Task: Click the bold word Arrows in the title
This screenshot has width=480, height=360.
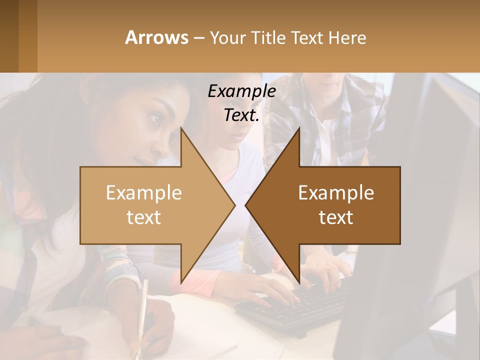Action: pyautogui.click(x=156, y=37)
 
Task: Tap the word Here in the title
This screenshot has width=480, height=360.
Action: pyautogui.click(x=347, y=37)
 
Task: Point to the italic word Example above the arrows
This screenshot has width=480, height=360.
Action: pyautogui.click(x=241, y=91)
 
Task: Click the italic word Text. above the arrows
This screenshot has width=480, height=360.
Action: pyautogui.click(x=241, y=115)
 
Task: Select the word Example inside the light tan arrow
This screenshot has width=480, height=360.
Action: pyautogui.click(x=144, y=192)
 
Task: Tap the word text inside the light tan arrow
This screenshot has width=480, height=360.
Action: pyautogui.click(x=144, y=217)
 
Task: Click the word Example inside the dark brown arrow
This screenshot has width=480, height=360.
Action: pyautogui.click(x=336, y=192)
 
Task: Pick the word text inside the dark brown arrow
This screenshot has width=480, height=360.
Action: pyautogui.click(x=336, y=217)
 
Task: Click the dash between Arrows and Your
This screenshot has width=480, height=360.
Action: pyautogui.click(x=198, y=38)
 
